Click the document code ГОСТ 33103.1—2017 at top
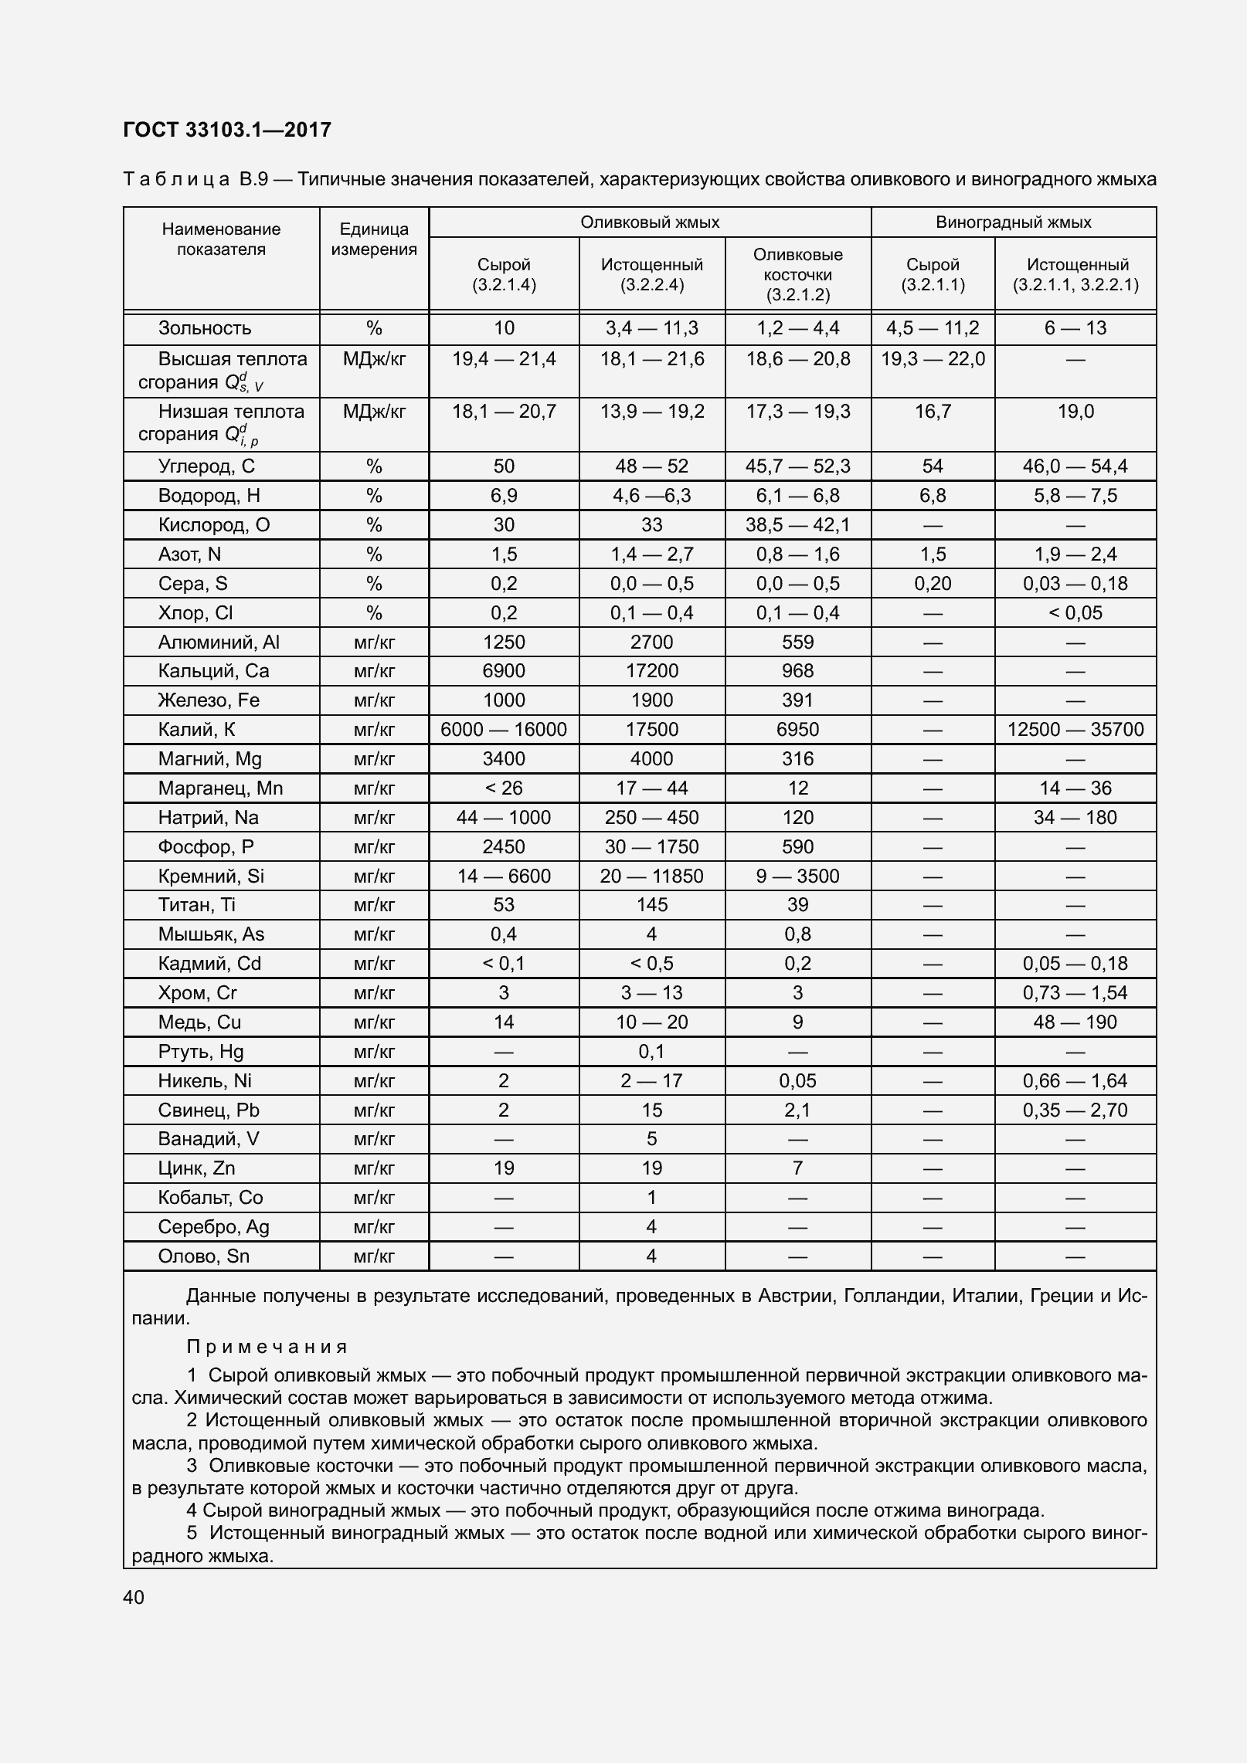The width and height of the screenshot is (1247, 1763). point(226,130)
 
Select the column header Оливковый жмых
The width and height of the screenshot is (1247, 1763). point(650,222)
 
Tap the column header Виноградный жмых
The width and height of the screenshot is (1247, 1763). point(1013,222)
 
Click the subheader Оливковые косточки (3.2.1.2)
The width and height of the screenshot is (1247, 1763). point(797,274)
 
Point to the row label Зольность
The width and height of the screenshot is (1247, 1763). point(205,328)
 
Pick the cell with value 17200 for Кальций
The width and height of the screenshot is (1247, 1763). point(651,670)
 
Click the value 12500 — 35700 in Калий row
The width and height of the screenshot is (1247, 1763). point(1075,729)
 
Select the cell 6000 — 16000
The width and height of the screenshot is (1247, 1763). point(504,729)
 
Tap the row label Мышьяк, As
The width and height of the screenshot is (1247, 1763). point(211,934)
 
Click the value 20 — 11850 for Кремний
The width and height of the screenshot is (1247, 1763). point(651,876)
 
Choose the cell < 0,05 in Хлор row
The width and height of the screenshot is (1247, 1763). point(1075,612)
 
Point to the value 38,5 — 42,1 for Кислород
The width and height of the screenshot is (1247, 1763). point(797,525)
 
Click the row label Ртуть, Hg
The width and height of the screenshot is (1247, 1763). point(201,1052)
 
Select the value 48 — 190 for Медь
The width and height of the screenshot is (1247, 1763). point(1075,1022)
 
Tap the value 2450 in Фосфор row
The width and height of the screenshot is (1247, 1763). point(504,846)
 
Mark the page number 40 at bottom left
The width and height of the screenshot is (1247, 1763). point(134,1598)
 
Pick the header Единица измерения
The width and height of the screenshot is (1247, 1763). point(374,239)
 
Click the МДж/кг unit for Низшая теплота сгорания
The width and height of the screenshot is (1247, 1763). point(374,412)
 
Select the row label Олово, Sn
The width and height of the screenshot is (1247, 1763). point(204,1256)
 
